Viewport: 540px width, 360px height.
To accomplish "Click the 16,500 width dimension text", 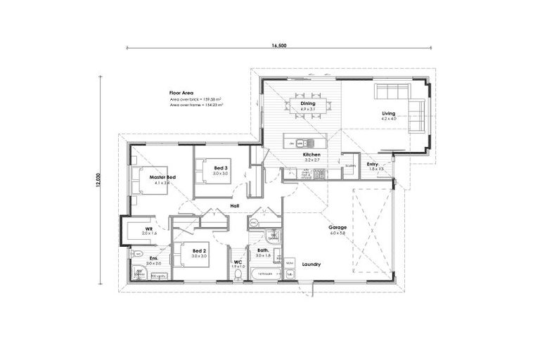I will pyautogui.click(x=278, y=45).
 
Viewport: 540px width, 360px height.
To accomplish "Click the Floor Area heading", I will pyautogui.click(x=181, y=93).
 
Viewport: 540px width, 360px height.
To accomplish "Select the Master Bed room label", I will pyautogui.click(x=162, y=177).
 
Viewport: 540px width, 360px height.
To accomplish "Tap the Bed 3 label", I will pyautogui.click(x=221, y=167).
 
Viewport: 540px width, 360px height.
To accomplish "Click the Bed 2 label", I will pyautogui.click(x=199, y=251).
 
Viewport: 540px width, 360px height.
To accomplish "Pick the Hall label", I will pyautogui.click(x=235, y=206).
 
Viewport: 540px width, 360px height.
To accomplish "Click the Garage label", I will pyautogui.click(x=337, y=228).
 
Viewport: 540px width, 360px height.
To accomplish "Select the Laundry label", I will pyautogui.click(x=311, y=264).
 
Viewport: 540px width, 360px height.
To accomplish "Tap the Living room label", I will pyautogui.click(x=389, y=113).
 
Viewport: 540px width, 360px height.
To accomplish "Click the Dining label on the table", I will pyautogui.click(x=307, y=103).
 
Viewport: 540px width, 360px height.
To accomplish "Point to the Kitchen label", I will pyautogui.click(x=311, y=154).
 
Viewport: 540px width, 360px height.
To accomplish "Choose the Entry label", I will pyautogui.click(x=373, y=164).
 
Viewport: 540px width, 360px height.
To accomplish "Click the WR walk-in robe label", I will pyautogui.click(x=149, y=229).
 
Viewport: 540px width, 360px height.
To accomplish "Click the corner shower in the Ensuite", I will pyautogui.click(x=139, y=272).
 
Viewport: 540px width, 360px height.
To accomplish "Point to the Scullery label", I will pyautogui.click(x=351, y=166).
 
